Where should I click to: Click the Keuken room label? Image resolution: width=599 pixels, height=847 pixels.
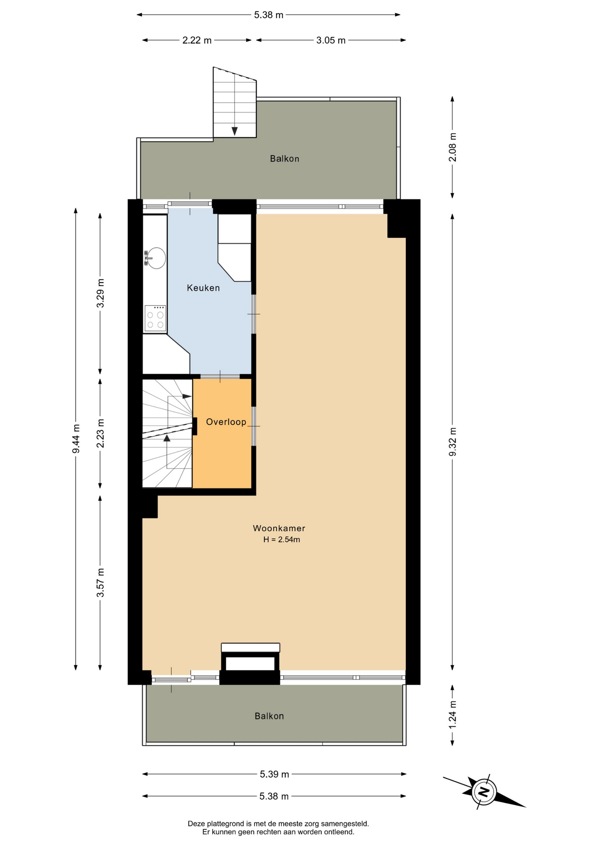point(203,288)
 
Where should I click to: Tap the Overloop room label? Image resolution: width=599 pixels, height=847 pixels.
point(226,422)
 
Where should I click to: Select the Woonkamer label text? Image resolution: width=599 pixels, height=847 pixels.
point(279,528)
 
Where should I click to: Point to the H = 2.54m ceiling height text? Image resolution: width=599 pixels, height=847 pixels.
point(281,540)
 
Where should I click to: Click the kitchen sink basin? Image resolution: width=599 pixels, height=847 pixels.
point(157,258)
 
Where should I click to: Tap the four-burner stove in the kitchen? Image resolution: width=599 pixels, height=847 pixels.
point(155,318)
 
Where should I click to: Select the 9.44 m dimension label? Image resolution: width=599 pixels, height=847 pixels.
point(76,438)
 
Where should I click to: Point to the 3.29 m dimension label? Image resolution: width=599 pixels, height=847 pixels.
point(101,293)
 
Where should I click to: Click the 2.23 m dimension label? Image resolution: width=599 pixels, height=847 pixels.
point(101,433)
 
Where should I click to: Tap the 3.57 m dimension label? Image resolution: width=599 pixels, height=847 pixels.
point(101,583)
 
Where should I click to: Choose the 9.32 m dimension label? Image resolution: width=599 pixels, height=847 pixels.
point(453,442)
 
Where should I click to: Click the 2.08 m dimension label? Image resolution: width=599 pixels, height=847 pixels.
point(453,147)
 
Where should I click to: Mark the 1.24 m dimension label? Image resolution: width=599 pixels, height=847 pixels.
point(453,715)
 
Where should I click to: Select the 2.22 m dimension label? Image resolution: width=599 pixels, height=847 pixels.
point(197,41)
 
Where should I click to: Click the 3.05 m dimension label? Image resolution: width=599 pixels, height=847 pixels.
point(331,41)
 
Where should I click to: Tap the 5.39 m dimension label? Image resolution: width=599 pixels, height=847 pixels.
point(274,774)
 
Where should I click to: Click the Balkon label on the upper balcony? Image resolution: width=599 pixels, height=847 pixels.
point(285,159)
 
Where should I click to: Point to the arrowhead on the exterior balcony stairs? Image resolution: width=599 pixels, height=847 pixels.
point(235,131)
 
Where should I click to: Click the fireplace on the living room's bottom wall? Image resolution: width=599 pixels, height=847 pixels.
point(250,663)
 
